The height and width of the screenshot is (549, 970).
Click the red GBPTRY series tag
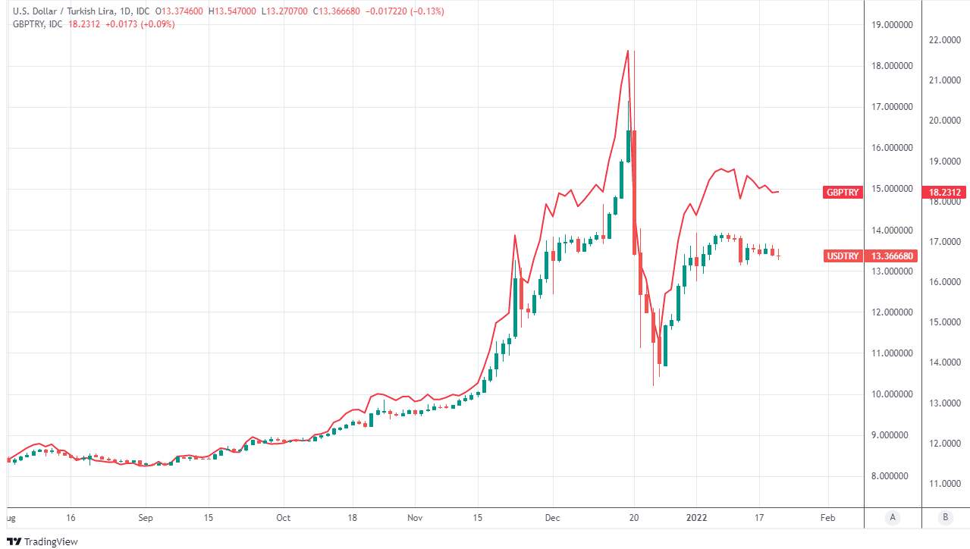click(842, 193)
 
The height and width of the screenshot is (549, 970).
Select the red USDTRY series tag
click(842, 256)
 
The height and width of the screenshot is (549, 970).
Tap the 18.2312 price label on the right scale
click(945, 193)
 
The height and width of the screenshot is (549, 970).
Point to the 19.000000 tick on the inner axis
click(892, 25)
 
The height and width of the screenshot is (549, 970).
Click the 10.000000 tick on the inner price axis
click(892, 394)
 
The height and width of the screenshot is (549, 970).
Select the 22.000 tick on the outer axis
click(945, 39)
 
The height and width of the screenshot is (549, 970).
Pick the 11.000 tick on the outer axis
click(945, 483)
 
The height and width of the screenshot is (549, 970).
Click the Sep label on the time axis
click(146, 518)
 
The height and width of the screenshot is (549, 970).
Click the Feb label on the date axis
click(827, 518)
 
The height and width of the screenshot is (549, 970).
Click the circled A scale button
click(893, 518)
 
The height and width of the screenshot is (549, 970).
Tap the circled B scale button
click(945, 518)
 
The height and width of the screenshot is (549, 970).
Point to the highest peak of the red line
click(628, 51)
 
